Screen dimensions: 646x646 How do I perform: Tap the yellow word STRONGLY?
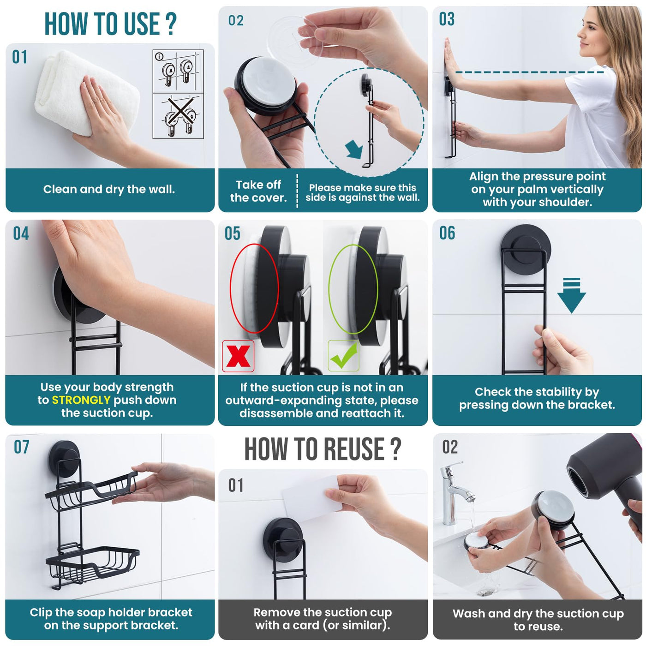(81, 400)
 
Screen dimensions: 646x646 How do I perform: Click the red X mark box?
(238, 356)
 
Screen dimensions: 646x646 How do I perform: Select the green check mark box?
(344, 356)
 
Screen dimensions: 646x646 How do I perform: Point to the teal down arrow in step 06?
(571, 295)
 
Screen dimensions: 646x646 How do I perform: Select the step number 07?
(21, 447)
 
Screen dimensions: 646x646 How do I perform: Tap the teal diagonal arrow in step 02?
(355, 149)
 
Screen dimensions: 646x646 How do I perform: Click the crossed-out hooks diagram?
(178, 116)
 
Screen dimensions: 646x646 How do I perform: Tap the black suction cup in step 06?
(526, 245)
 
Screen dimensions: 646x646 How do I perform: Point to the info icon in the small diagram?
(159, 56)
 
